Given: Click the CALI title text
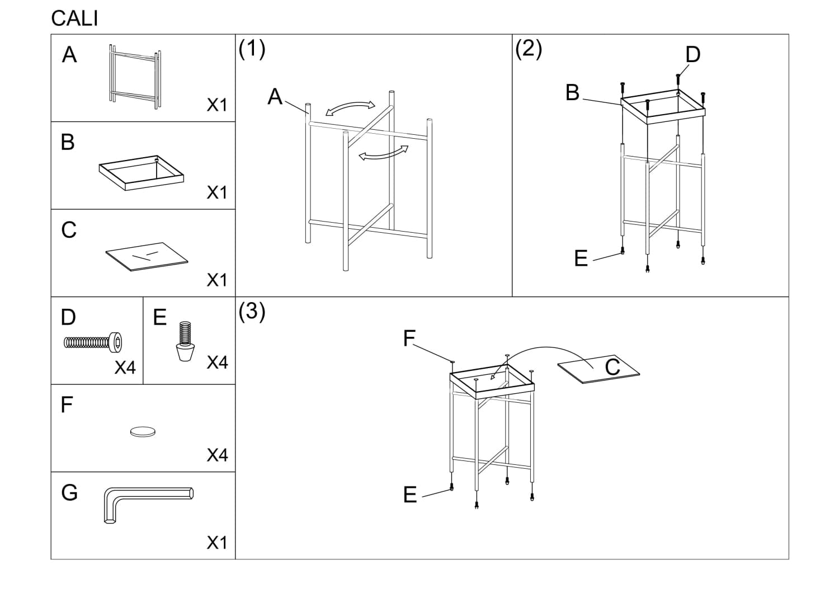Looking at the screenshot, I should coord(74,18).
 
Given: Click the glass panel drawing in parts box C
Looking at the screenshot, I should coord(147,256).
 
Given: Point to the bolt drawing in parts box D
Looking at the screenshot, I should coord(94,341).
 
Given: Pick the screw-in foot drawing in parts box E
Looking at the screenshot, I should coord(185,341).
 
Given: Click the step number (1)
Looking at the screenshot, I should coord(252,49).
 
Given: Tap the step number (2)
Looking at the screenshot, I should coord(529,49).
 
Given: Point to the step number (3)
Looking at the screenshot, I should coord(252,311).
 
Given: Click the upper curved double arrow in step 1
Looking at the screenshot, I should coord(351,109).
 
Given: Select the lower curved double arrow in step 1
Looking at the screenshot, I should coord(383,153).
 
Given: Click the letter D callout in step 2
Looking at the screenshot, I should coord(692,55).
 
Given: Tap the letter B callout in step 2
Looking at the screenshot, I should coord(572,93).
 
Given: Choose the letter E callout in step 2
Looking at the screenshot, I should coord(581,258).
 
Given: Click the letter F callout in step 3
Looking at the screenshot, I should coord(409,338).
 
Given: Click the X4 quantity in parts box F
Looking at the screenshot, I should coord(217,455).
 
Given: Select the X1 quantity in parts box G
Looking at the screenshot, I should coord(217,543).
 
